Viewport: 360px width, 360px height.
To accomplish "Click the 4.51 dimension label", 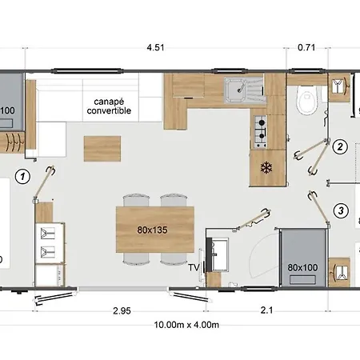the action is [155, 47].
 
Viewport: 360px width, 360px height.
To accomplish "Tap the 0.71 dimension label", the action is [306, 47].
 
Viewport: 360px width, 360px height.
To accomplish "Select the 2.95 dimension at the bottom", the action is [122, 310].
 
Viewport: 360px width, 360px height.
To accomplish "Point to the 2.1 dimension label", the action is [266, 310].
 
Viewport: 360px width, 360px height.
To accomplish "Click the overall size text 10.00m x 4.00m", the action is [186, 325].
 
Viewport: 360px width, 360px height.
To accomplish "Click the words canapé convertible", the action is [109, 106].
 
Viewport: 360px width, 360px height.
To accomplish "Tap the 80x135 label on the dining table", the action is [152, 230].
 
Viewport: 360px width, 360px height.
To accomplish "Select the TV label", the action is [194, 267].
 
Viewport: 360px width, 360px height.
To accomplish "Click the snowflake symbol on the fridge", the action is [266, 168].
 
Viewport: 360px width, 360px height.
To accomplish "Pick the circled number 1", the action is [22, 177].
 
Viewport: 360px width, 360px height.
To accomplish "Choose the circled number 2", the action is [340, 146].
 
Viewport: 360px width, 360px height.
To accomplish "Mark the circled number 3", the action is [341, 210].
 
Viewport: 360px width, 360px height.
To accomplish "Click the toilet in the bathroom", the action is [306, 100].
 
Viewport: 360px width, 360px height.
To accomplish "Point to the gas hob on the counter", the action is [260, 132].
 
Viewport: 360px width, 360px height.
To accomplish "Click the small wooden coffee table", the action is [102, 149].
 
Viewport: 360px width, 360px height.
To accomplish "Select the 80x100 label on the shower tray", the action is [302, 267].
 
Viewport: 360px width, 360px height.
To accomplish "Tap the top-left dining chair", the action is [136, 201].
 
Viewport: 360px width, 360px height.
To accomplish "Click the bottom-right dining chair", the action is [174, 258].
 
